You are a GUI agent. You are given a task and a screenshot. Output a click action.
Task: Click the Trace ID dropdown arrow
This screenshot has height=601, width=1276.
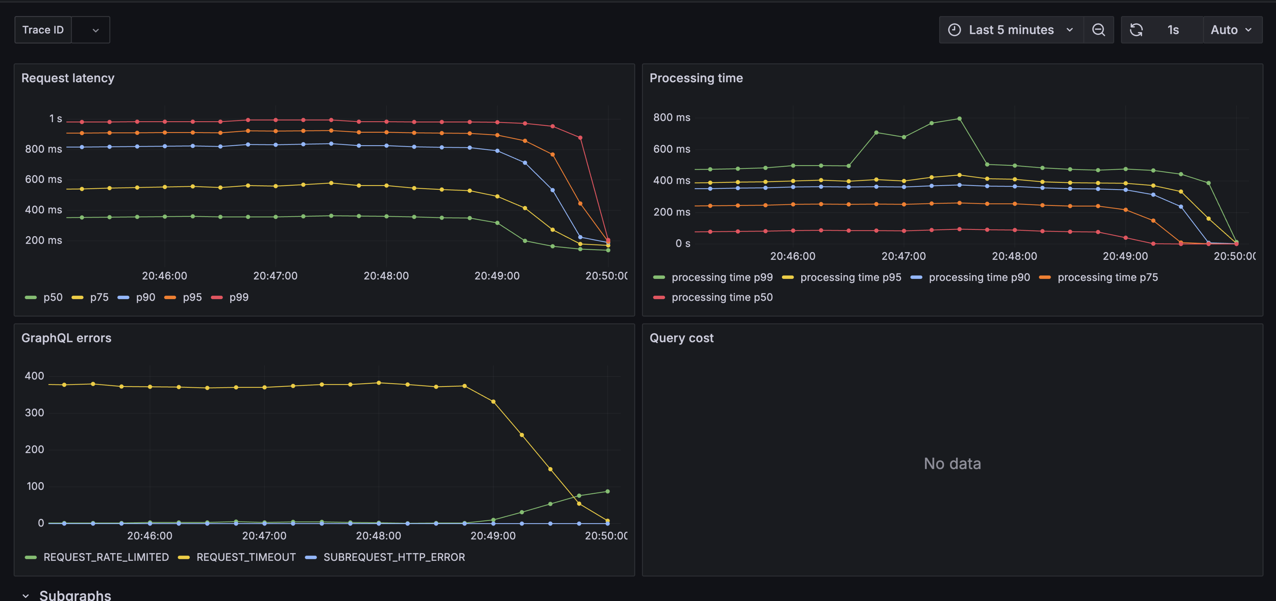tap(96, 30)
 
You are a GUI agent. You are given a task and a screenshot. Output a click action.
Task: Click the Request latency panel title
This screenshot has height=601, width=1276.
tap(68, 78)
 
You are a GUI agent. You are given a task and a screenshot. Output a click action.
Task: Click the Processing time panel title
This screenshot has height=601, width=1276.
tap(696, 78)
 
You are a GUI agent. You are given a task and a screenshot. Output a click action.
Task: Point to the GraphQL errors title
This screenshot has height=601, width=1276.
tap(66, 338)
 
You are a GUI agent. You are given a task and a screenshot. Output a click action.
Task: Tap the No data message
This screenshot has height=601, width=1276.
tap(952, 464)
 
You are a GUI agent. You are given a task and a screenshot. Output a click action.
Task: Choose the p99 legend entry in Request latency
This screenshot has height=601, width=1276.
tap(239, 297)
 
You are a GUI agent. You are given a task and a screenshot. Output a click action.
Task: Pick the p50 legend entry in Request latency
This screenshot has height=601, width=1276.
tap(53, 297)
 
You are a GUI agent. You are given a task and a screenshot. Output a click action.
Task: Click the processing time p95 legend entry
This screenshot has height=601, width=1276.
tap(850, 278)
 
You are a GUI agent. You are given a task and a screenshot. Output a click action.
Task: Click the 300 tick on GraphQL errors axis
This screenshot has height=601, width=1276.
tap(34, 413)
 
